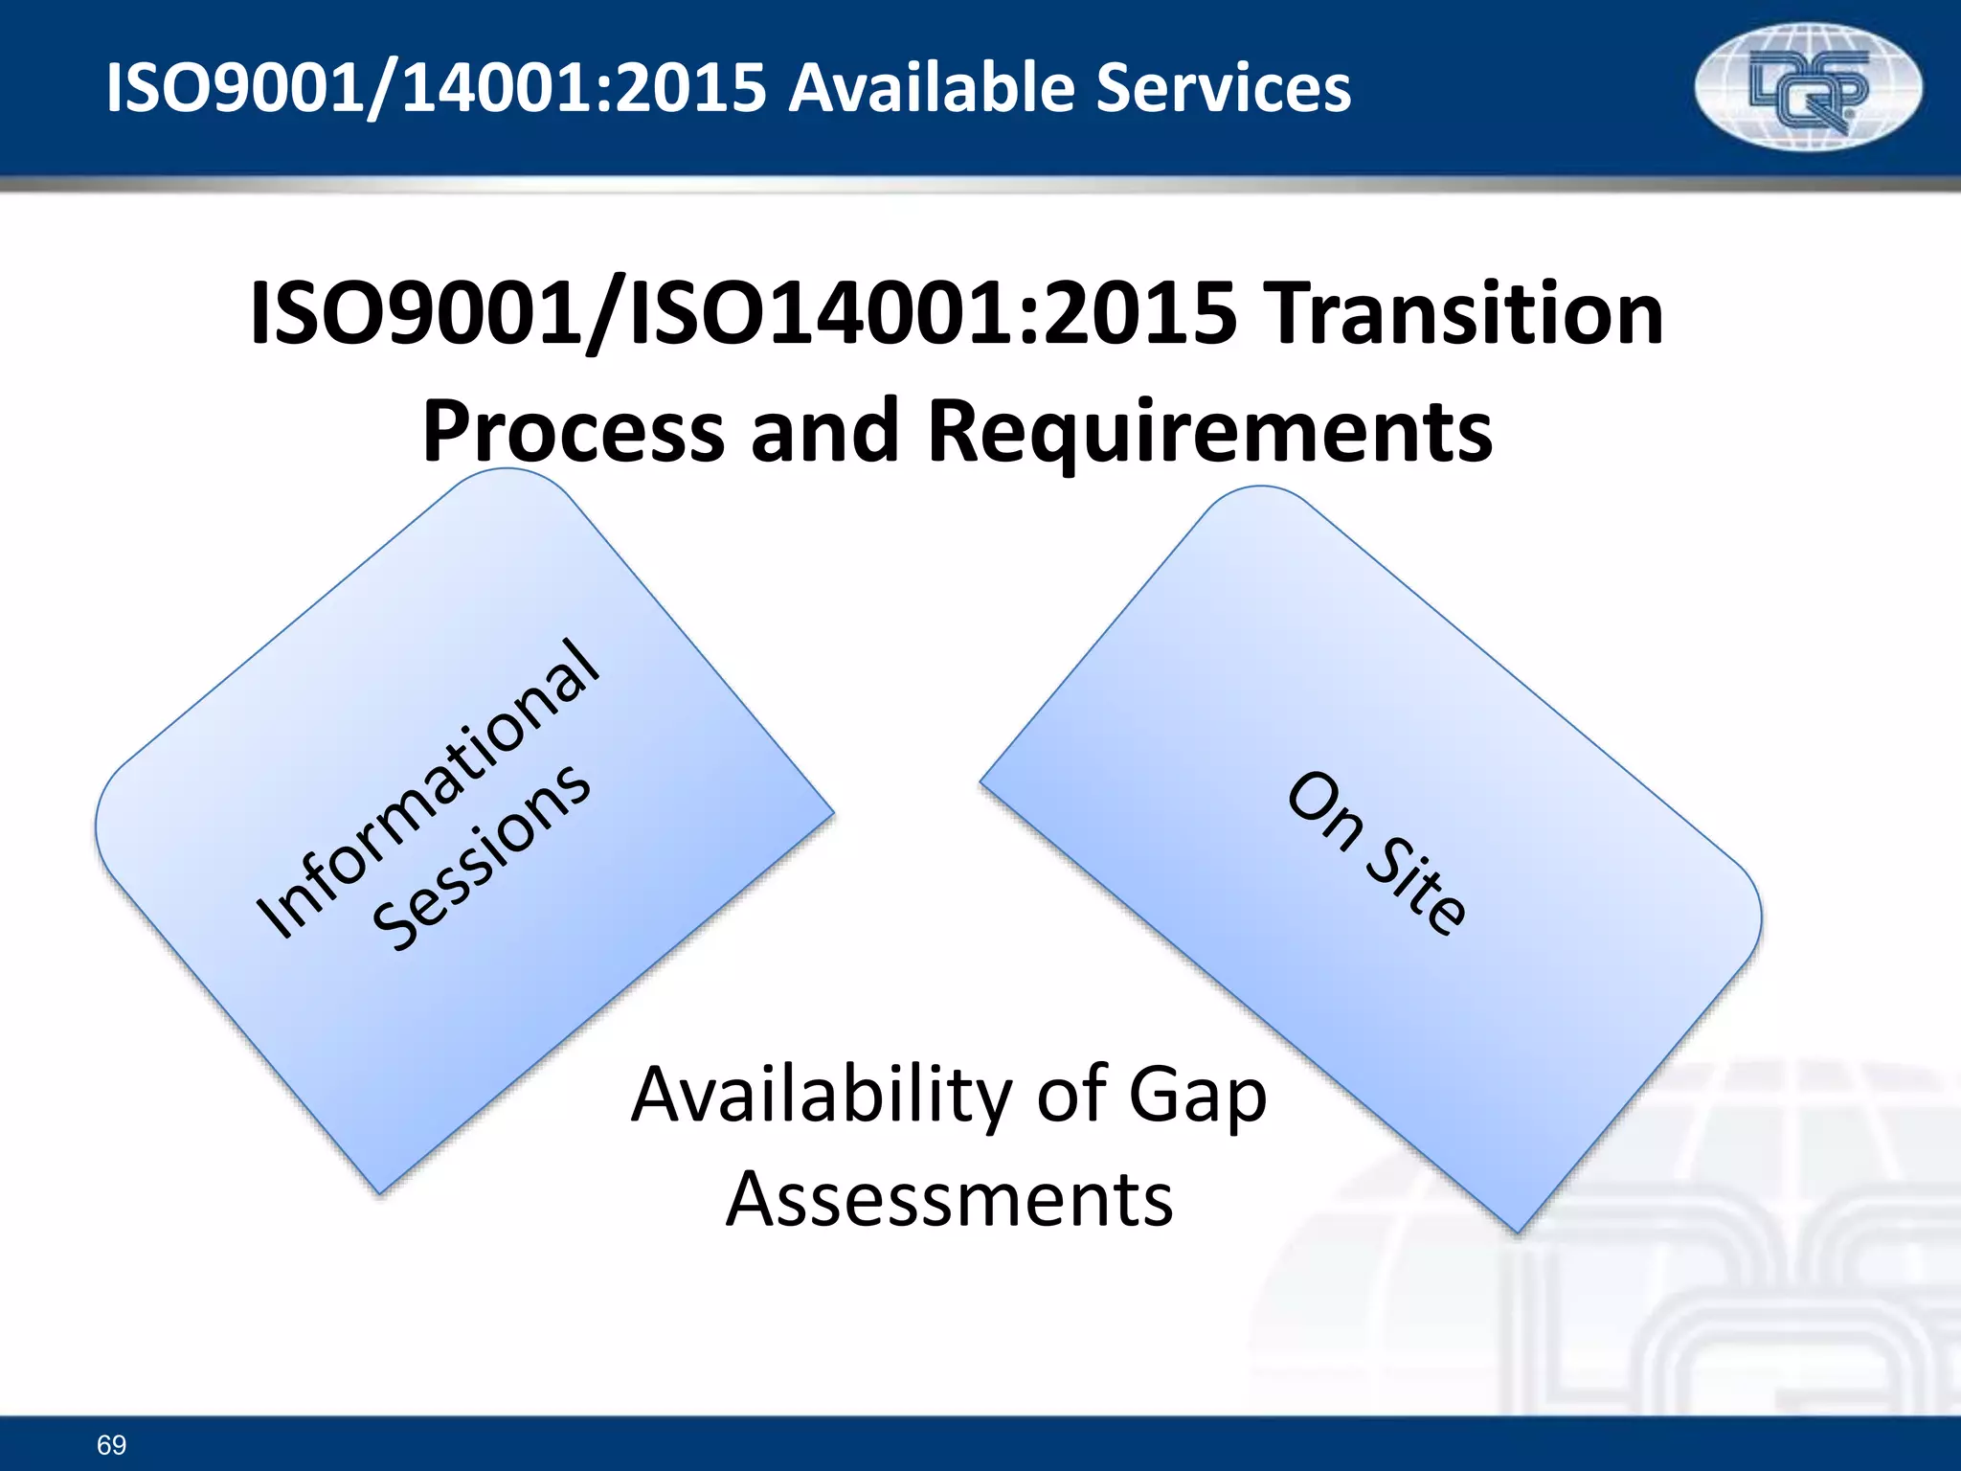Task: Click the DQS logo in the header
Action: (x=1808, y=88)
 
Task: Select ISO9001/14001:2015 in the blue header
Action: (x=436, y=88)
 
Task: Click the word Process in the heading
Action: (x=573, y=431)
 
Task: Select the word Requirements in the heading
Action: (x=1209, y=431)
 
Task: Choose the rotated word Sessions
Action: (x=482, y=858)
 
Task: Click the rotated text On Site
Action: (x=1376, y=852)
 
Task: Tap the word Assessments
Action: (x=949, y=1199)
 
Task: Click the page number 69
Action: (x=111, y=1444)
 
